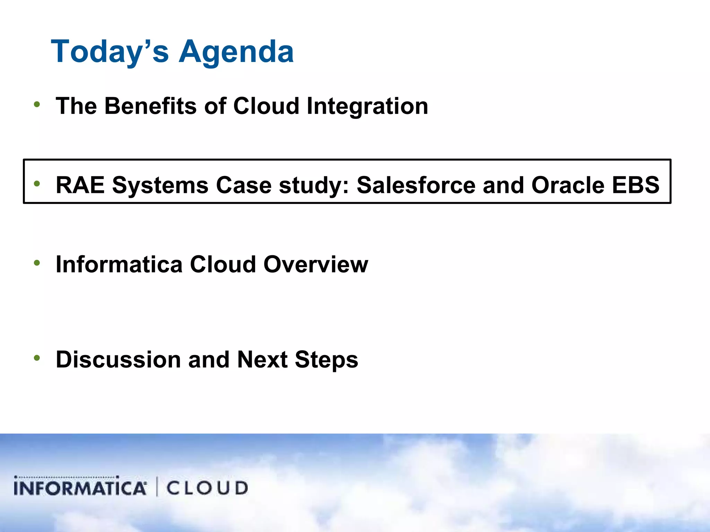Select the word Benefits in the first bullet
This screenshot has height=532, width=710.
(150, 106)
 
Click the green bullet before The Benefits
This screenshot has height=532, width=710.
(37, 104)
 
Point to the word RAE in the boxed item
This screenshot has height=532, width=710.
(80, 185)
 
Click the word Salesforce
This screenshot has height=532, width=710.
(416, 185)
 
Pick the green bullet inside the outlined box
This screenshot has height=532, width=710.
(37, 184)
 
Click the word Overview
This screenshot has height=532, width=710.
(315, 265)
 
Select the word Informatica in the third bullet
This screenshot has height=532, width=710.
(119, 265)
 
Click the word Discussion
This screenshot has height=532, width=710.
(118, 360)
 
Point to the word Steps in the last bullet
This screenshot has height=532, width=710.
(326, 360)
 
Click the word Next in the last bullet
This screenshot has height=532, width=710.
(262, 360)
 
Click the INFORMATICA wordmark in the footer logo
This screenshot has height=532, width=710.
(80, 487)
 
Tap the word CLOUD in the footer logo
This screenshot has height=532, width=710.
(207, 488)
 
